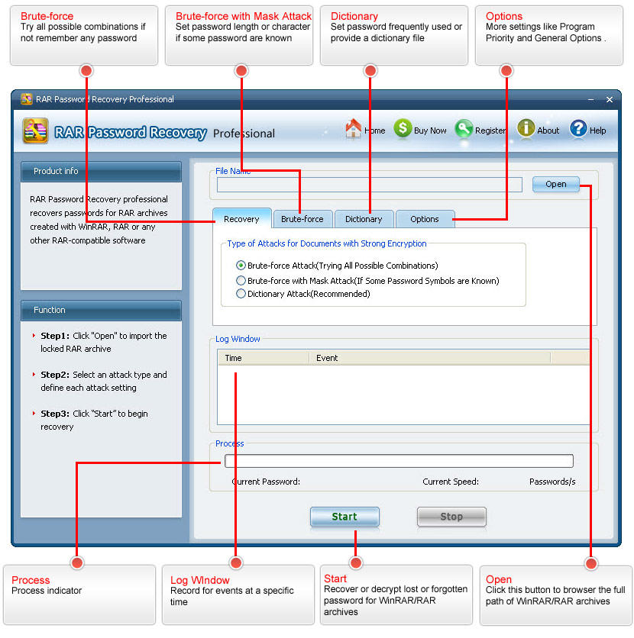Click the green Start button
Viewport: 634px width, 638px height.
pos(344,517)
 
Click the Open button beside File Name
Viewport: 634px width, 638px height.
pos(556,185)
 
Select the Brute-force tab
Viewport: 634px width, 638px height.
pos(302,219)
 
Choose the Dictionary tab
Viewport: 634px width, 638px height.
pos(364,219)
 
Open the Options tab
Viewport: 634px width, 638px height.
pos(425,219)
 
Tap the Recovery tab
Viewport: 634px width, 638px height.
pos(242,218)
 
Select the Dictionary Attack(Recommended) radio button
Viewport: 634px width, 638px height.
pos(241,294)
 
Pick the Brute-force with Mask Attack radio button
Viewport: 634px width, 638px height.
pos(241,281)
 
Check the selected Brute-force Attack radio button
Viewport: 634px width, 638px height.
pos(241,266)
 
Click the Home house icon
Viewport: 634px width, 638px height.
pos(354,128)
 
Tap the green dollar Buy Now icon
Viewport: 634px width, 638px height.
pos(403,128)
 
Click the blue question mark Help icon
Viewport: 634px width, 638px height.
pos(578,129)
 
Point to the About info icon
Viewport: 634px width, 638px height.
pos(526,128)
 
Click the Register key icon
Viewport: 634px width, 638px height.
pos(464,129)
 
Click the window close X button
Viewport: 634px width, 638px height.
pos(609,100)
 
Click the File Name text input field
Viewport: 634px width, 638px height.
pos(370,185)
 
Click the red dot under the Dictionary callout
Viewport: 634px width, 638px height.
pos(370,71)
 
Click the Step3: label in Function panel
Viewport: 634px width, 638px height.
pos(55,414)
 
